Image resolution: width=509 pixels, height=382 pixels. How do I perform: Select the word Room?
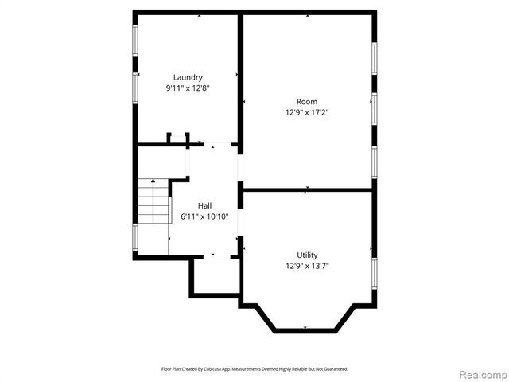coord(307,101)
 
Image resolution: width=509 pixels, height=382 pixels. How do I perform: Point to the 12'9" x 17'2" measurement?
coord(307,112)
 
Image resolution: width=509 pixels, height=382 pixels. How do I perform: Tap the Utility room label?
coord(307,255)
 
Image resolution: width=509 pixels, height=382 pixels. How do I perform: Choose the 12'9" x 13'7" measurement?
coord(307,266)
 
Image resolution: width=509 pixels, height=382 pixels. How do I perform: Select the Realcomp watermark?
coord(480,374)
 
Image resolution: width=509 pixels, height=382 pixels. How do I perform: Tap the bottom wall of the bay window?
coord(306,330)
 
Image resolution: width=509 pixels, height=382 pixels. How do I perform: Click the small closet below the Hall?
coord(215,277)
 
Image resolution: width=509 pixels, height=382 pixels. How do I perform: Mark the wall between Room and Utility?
coord(307,189)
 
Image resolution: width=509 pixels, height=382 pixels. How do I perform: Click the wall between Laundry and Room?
coord(240,80)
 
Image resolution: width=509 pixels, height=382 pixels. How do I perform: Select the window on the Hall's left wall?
coord(134,236)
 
